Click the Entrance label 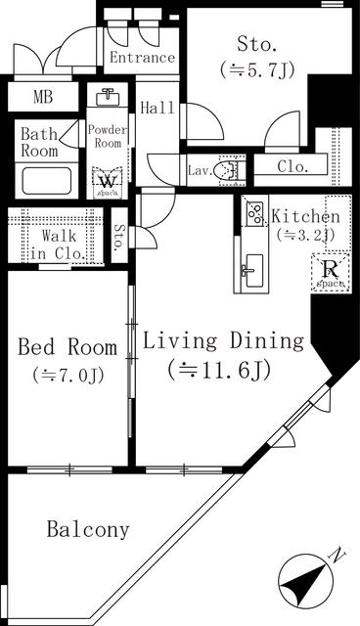point(142,58)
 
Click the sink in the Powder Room point(108,100)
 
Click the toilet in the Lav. point(229,171)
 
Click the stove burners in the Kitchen point(252,212)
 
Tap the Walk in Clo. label point(60,245)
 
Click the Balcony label point(88,530)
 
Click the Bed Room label point(67,347)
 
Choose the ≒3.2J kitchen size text point(304,235)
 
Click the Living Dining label point(224,341)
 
